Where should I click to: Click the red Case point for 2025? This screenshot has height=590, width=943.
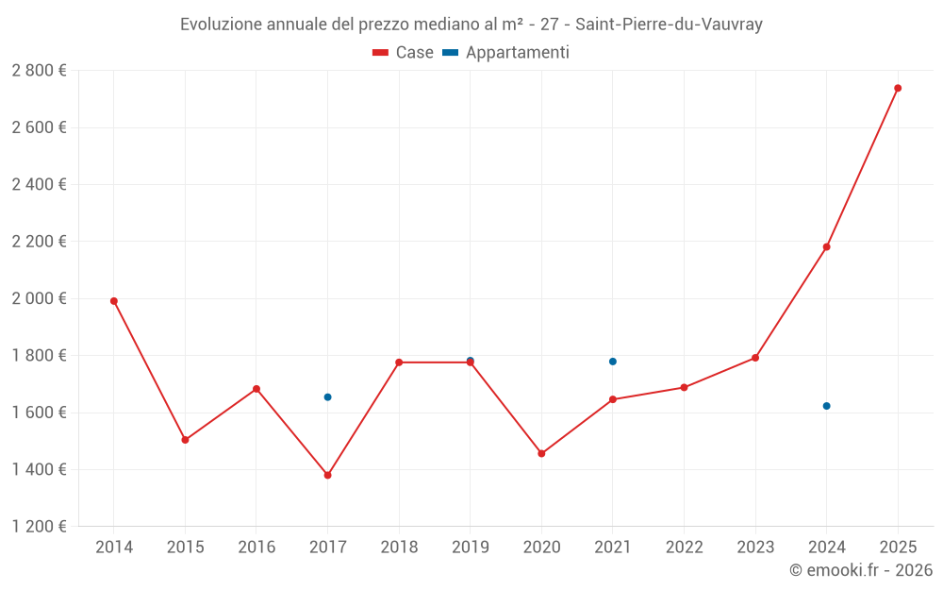898,88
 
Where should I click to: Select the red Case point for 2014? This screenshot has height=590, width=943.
114,301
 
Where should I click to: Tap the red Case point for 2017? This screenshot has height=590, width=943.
327,475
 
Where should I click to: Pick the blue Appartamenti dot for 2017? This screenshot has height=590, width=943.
327,397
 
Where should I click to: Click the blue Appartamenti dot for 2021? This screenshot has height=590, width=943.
613,362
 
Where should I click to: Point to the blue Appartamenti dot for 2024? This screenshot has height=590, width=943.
826,406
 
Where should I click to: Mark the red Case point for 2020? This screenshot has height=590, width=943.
541,454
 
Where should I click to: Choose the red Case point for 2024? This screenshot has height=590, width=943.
826,247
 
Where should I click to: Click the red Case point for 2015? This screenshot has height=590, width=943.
185,440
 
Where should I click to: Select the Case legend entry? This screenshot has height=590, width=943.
404,53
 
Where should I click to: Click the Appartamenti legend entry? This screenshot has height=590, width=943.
506,53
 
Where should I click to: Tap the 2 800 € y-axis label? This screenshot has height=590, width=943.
39,71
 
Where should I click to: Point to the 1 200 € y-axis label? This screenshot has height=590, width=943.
39,527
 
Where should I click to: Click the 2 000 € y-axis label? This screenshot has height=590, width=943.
39,298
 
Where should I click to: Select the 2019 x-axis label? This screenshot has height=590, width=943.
470,548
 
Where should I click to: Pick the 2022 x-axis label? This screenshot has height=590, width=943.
684,548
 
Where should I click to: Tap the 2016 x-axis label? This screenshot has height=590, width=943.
256,548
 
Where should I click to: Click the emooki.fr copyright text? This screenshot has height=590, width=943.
860,570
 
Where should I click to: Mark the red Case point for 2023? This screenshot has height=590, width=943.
755,358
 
